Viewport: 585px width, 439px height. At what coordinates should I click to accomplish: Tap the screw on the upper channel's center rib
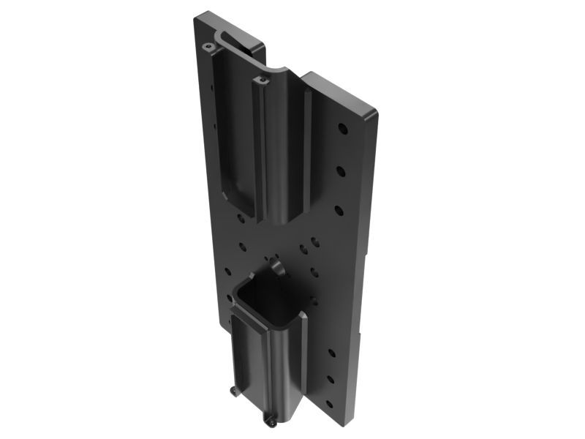coord(258,75)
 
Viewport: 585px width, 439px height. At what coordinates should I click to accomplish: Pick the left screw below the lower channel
coord(233,391)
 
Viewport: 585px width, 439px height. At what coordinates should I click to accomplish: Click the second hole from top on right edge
coord(341,170)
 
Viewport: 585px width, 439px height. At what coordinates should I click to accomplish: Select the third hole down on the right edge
coord(339,209)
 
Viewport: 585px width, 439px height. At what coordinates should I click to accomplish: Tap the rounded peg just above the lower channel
coord(276,264)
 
